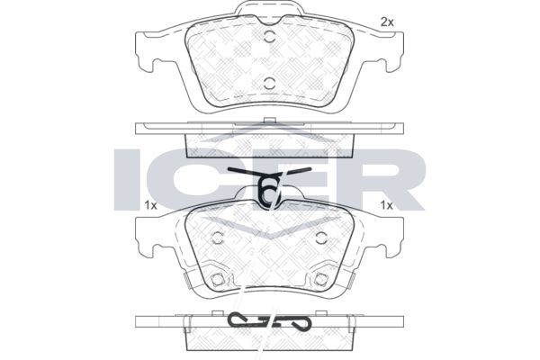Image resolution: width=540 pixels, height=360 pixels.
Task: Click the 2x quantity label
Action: (387, 22)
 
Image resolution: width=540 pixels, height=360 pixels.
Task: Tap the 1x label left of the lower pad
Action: (150, 206)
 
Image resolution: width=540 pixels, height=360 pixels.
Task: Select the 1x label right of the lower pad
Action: (386, 206)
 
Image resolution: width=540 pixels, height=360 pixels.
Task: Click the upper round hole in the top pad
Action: (270, 37)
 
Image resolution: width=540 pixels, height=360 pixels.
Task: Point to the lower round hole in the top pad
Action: (270, 83)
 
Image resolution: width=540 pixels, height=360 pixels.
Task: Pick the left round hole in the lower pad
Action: (217, 237)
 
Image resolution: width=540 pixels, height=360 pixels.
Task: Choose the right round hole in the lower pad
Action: (321, 237)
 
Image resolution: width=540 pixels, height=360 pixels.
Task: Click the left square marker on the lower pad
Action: (217, 279)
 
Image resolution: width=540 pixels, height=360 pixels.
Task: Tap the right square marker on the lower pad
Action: (321, 279)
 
